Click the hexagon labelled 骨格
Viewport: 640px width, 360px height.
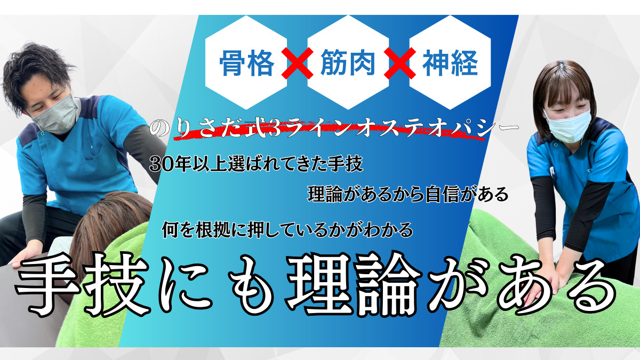[x=246, y=62]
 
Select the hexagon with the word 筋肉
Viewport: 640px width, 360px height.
[x=348, y=62]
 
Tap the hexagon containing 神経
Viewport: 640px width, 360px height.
[x=450, y=62]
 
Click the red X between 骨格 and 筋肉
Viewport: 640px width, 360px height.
[x=297, y=63]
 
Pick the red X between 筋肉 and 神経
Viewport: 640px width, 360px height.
[x=399, y=63]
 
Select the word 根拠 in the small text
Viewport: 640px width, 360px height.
[x=213, y=230]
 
